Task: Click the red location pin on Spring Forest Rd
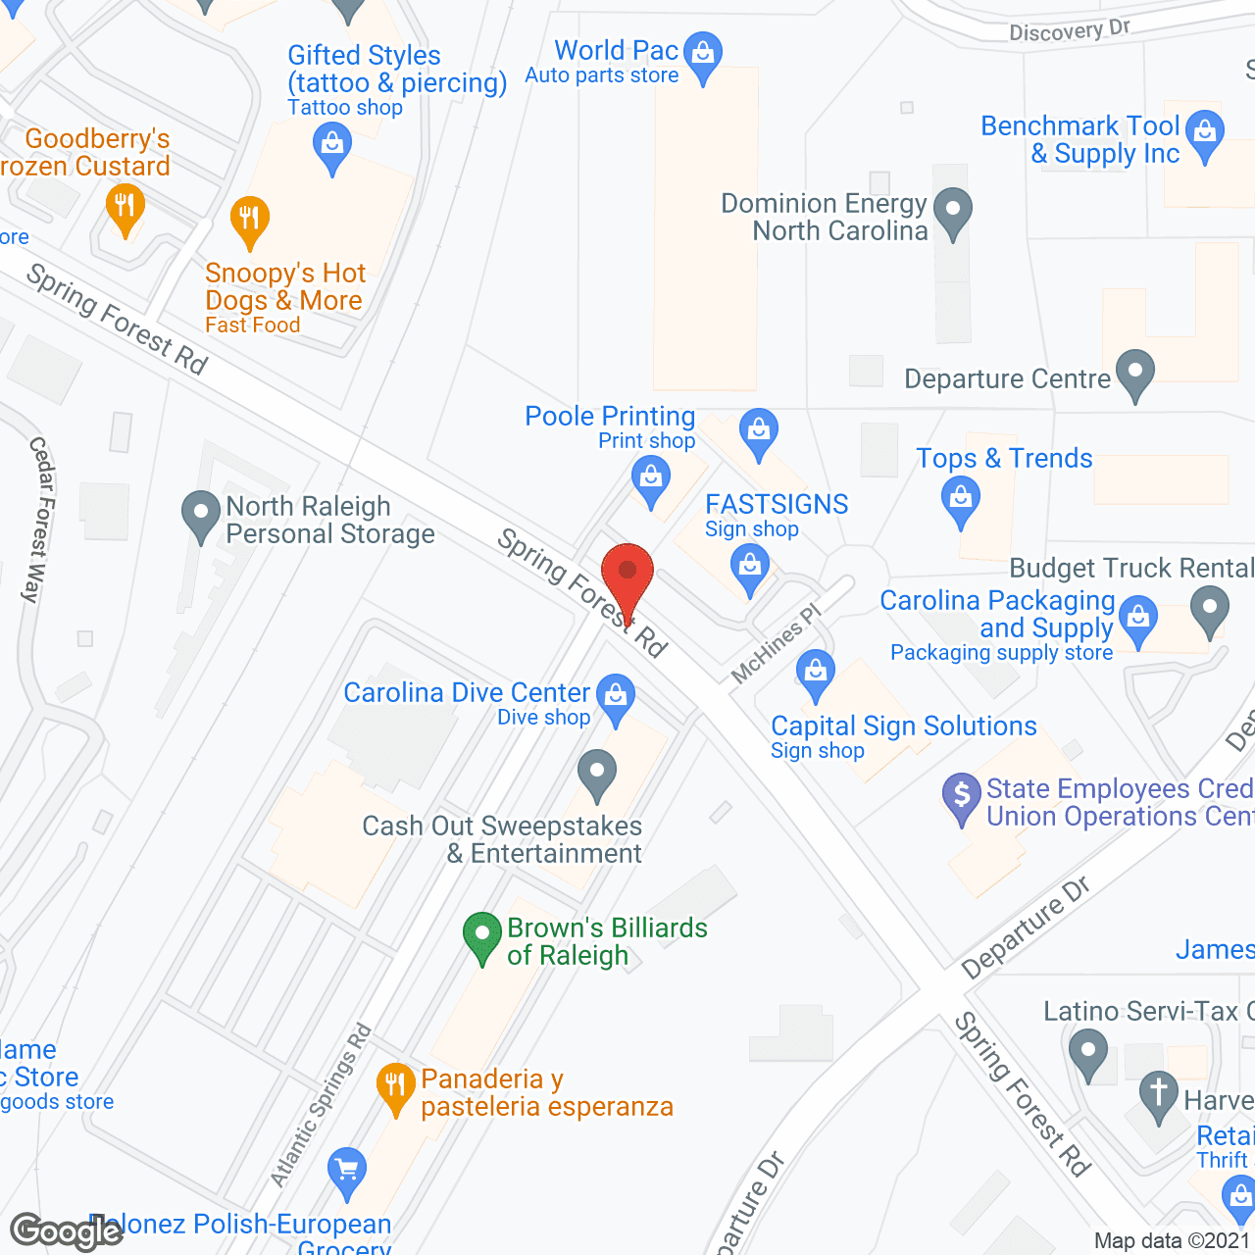[x=627, y=574]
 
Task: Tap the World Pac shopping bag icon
[x=703, y=55]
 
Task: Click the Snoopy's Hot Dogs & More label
[x=284, y=286]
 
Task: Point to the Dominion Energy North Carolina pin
[x=952, y=212]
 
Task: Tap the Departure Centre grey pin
[x=1135, y=374]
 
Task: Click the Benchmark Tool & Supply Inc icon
[x=1205, y=133]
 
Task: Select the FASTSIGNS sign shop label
[x=777, y=515]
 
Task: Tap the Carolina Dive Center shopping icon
[x=616, y=697]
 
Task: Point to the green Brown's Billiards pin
[x=481, y=935]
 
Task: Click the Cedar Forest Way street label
[x=38, y=520]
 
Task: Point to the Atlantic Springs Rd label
[x=322, y=1105]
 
